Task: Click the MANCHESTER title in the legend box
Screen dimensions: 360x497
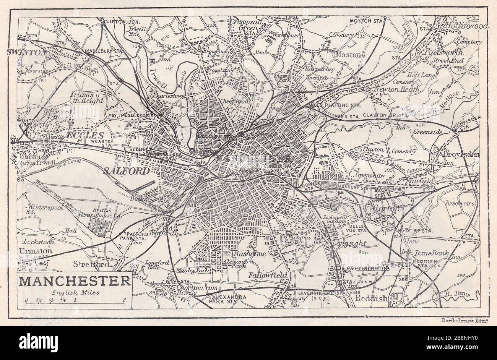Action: click(x=74, y=281)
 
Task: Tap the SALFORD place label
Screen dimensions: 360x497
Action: click(x=126, y=171)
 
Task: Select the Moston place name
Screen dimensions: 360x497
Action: click(x=348, y=55)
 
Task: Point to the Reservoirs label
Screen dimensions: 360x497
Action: click(x=460, y=204)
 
